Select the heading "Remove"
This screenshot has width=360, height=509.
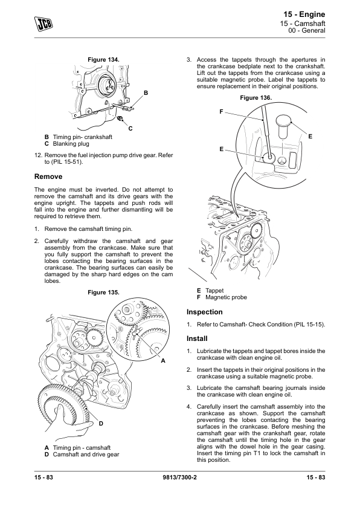point(48,177)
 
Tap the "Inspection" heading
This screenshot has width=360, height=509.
point(204,312)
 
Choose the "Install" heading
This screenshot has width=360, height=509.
point(197,339)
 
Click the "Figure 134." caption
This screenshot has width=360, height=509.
point(103,60)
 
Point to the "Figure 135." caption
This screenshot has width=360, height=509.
point(103,293)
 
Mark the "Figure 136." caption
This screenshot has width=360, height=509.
point(256,98)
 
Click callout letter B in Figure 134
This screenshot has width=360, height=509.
point(146,93)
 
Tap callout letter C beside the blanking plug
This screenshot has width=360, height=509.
point(130,129)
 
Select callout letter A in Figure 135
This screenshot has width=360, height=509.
point(163,361)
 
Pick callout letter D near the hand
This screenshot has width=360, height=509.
point(101,423)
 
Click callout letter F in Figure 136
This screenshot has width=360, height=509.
point(221,112)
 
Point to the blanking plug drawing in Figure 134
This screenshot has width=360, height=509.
point(121,118)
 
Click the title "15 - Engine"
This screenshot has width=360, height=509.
point(304,15)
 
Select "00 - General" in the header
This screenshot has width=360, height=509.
point(306,30)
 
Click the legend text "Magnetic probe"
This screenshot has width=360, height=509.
point(226,297)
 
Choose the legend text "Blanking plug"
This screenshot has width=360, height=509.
point(71,144)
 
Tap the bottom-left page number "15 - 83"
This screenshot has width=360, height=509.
point(43,477)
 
